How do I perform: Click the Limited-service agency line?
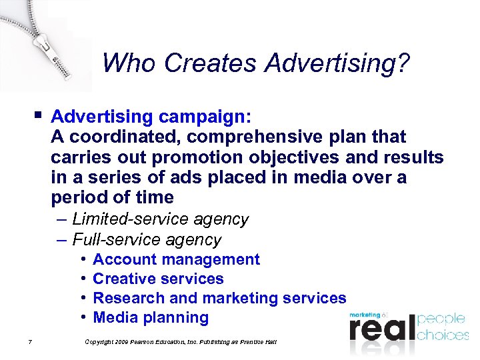[160, 219]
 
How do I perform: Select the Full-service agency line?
[147, 239]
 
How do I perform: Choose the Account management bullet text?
[176, 259]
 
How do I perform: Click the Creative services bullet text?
[158, 279]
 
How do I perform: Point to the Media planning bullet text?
[151, 317]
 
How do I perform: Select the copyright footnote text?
[180, 342]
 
